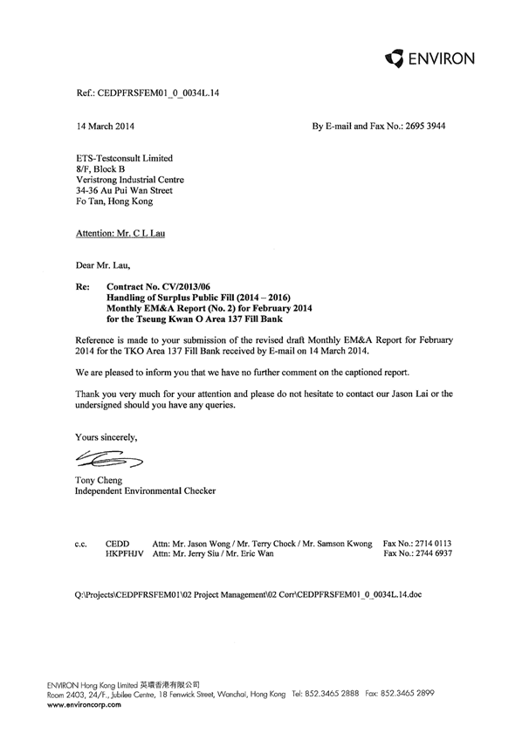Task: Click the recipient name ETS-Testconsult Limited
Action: pyautogui.click(x=125, y=158)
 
